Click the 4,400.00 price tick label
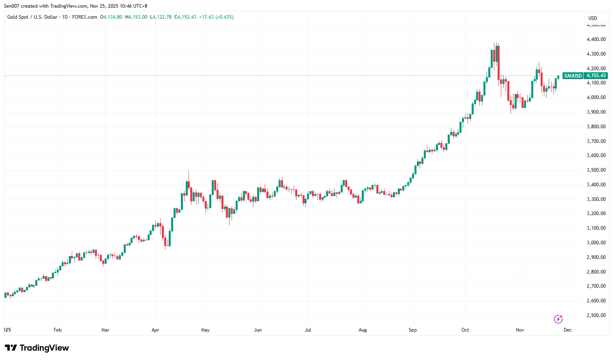(596, 39)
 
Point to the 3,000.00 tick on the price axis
(596, 243)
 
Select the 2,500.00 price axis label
(596, 315)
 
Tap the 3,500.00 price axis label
(596, 170)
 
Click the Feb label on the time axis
(58, 330)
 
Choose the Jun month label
(258, 330)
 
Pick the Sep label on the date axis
(412, 330)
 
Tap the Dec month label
(567, 330)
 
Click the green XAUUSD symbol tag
(573, 76)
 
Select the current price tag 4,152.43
(596, 76)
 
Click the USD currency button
(593, 18)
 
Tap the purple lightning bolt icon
(558, 319)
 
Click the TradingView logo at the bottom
(37, 348)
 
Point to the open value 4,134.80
(112, 17)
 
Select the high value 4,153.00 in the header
(137, 17)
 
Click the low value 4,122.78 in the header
(162, 17)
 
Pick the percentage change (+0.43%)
(224, 17)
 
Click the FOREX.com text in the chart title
(84, 17)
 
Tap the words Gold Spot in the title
(18, 17)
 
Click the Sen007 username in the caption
(12, 6)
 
